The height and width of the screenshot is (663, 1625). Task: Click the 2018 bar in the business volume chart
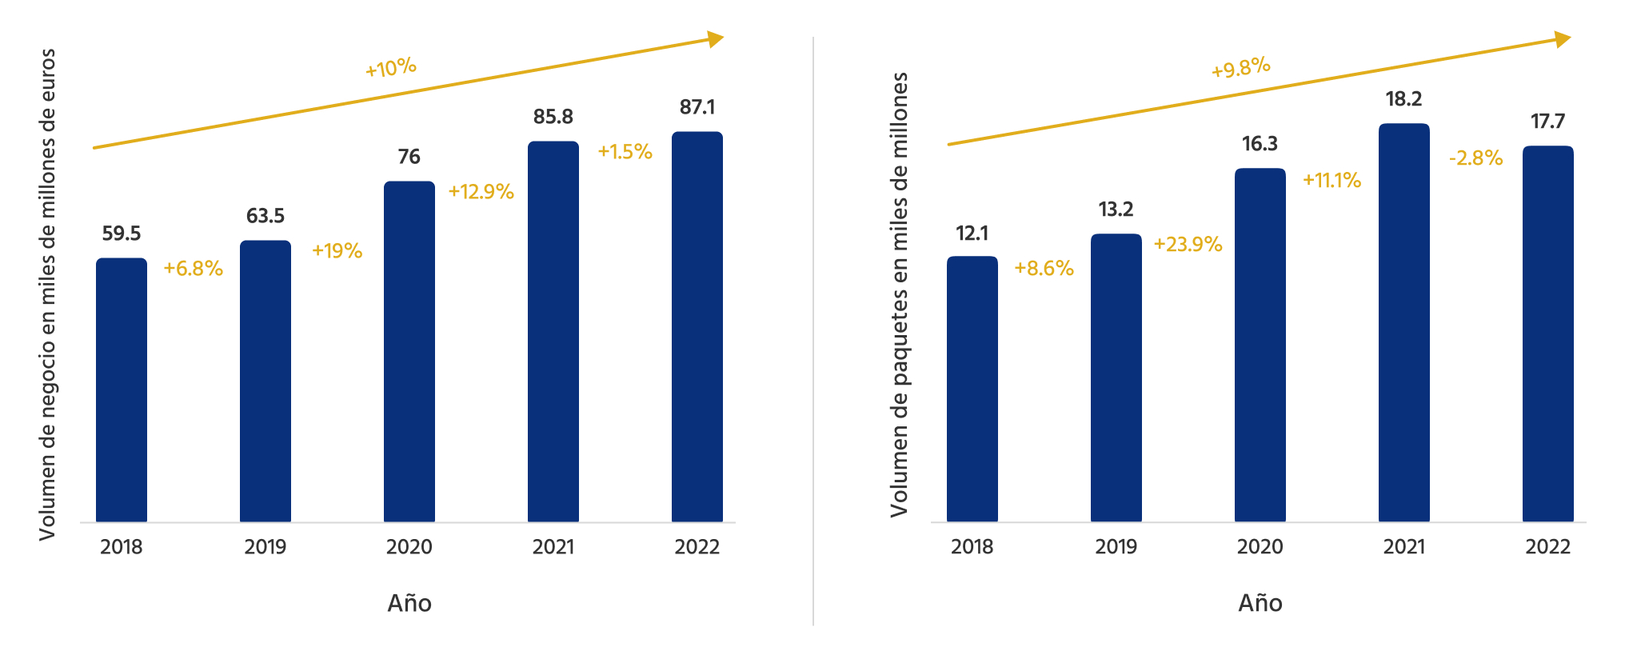pos(122,390)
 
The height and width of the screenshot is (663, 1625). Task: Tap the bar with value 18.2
pos(1403,323)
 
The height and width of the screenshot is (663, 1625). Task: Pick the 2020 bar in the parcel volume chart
pos(1260,345)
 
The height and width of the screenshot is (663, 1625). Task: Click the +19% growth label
pos(337,251)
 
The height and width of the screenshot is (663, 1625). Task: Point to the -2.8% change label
pos(1475,158)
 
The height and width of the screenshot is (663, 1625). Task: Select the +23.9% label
pos(1188,245)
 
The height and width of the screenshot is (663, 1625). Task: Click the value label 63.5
pos(266,216)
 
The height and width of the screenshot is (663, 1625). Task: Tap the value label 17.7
pos(1547,122)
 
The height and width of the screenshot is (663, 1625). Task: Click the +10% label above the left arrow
pos(391,68)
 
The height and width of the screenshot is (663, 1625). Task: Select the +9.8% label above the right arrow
pos(1241,68)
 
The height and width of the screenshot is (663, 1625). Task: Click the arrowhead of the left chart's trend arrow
pos(716,39)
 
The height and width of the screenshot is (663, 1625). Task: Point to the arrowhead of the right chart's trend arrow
pos(1563,39)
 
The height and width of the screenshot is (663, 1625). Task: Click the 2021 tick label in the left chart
pos(553,547)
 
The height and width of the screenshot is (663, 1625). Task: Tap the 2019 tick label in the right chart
pos(1116,547)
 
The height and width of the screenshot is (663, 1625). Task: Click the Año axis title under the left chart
pos(409,603)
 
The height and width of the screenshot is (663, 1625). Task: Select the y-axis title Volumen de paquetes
pos(900,294)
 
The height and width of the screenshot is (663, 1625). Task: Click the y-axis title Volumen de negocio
pos(48,294)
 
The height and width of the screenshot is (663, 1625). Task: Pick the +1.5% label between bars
pos(625,152)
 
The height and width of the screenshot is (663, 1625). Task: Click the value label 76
pos(409,157)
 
